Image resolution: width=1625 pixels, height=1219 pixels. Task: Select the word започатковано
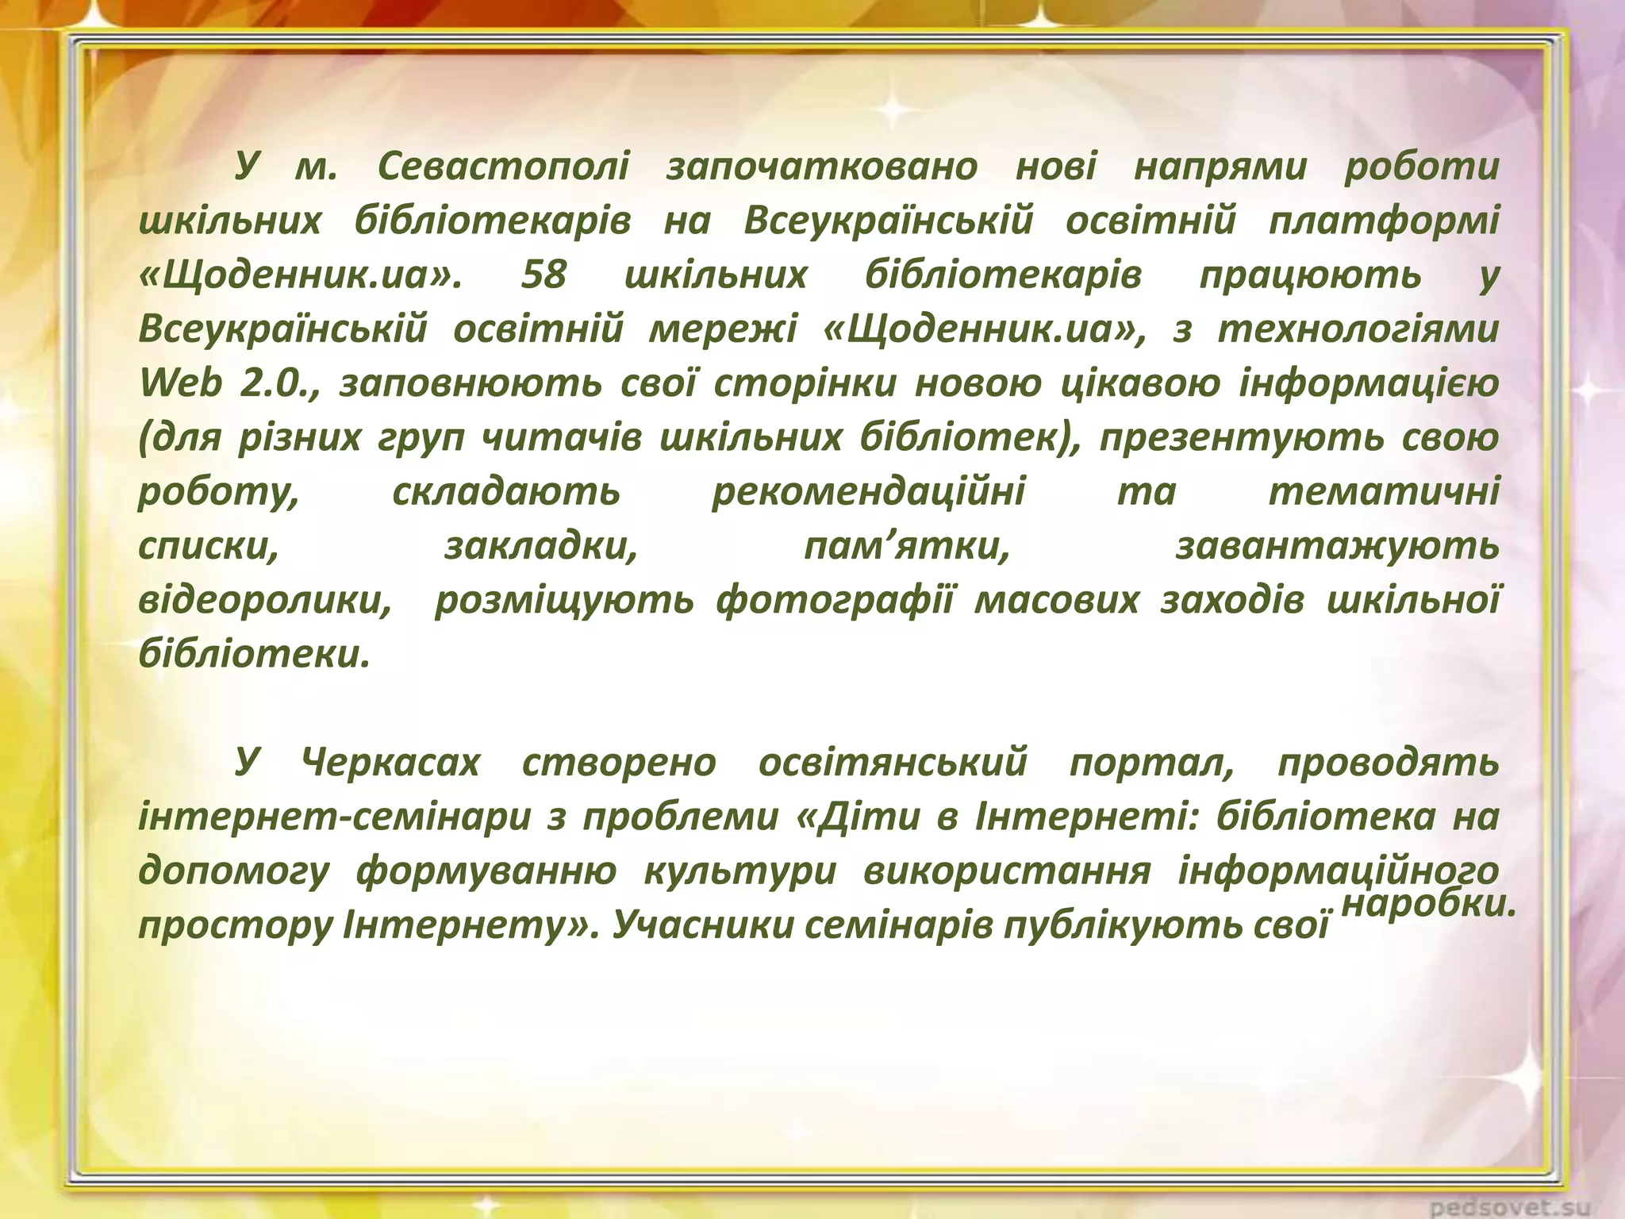(821, 167)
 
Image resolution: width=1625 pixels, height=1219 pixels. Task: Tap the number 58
(544, 275)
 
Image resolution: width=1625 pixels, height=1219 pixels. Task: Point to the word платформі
(1384, 221)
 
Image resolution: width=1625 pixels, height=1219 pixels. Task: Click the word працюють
(1310, 275)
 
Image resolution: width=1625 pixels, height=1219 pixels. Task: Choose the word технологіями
(1358, 329)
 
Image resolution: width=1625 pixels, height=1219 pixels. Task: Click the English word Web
(181, 383)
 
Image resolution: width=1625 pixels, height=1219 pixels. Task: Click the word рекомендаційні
(868, 491)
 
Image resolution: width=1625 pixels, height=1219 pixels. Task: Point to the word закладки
(540, 546)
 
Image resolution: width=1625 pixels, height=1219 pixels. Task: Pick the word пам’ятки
(906, 546)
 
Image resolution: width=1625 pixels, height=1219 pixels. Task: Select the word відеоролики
(265, 600)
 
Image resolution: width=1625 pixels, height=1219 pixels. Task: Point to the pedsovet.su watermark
(1523, 1207)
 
